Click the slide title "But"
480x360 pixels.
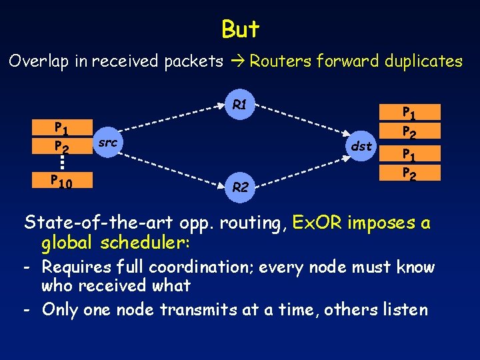[x=240, y=29]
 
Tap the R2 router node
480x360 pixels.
[x=241, y=188]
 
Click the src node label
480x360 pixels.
[x=107, y=142]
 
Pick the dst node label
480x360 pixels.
[x=361, y=146]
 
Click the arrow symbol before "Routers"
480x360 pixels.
[x=237, y=61]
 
